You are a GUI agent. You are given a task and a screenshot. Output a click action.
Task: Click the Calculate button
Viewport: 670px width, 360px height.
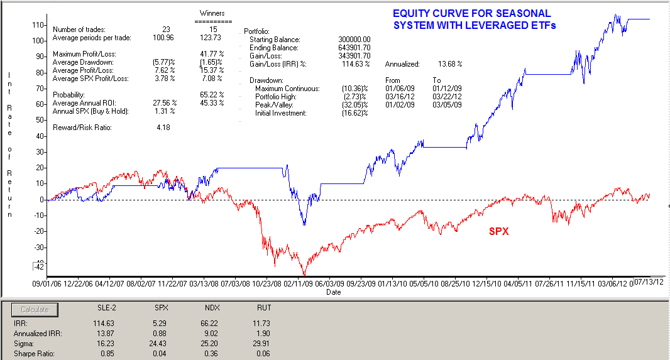[x=35, y=310]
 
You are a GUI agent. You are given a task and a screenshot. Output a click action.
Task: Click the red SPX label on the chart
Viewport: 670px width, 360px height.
[x=499, y=231]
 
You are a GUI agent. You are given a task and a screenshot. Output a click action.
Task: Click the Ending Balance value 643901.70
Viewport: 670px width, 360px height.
[x=354, y=48]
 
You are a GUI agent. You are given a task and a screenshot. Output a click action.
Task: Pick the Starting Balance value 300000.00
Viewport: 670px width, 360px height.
[x=354, y=40]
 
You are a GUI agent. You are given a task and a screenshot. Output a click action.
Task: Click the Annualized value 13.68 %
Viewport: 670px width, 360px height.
[x=449, y=64]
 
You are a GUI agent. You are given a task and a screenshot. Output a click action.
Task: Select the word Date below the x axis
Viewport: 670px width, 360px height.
[x=334, y=292]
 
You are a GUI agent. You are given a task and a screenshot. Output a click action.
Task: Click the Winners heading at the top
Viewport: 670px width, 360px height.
[x=212, y=13]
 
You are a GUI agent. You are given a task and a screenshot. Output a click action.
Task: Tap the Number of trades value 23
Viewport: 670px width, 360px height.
[x=166, y=30]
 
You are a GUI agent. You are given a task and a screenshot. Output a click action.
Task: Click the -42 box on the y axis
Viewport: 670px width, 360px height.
[x=39, y=266]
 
